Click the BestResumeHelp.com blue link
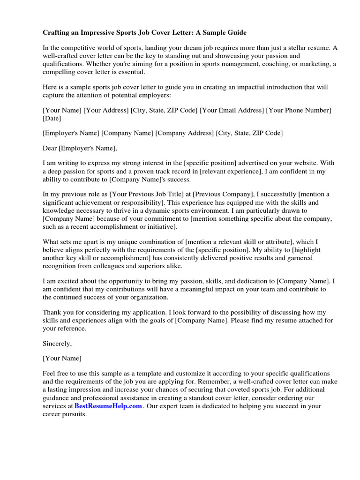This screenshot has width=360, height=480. click(x=108, y=406)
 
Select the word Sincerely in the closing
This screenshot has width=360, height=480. click(x=57, y=344)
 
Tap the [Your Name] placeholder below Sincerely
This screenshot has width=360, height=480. click(x=62, y=358)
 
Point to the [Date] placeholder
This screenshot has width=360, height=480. click(x=52, y=119)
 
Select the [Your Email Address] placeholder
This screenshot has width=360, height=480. click(x=232, y=110)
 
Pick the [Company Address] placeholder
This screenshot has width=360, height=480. click(x=185, y=133)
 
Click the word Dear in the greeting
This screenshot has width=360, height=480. click(x=50, y=148)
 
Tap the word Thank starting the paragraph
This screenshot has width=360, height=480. click(x=52, y=312)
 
